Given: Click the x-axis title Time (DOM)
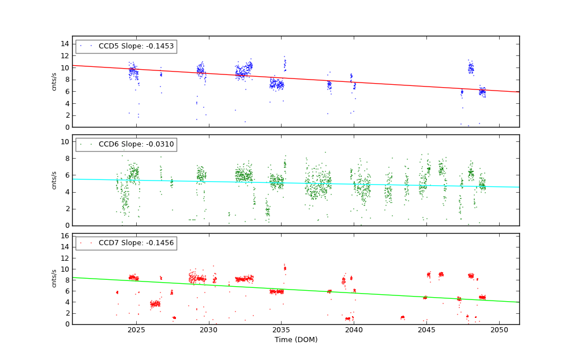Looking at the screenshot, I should pyautogui.click(x=295, y=340).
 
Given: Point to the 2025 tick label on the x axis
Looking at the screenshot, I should pyautogui.click(x=136, y=330).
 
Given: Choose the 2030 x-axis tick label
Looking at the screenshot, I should pyautogui.click(x=209, y=330).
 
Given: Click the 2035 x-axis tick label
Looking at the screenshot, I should pyautogui.click(x=282, y=330).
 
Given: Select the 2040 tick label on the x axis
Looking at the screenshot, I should pyautogui.click(x=354, y=330).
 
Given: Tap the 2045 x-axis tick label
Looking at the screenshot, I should pyautogui.click(x=426, y=330).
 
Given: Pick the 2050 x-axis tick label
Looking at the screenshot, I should pyautogui.click(x=499, y=330).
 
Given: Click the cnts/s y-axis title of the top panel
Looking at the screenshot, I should pyautogui.click(x=54, y=81).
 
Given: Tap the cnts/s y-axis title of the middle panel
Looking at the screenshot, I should pyautogui.click(x=54, y=180).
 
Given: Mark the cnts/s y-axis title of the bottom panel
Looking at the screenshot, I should pyautogui.click(x=54, y=279).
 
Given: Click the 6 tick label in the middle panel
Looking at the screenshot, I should pyautogui.click(x=67, y=175).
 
